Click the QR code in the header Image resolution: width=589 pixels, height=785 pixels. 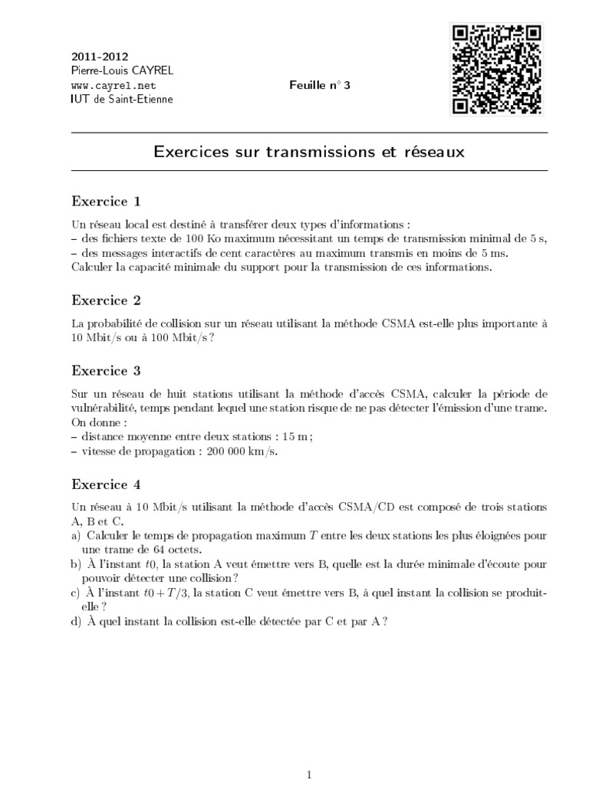click(496, 69)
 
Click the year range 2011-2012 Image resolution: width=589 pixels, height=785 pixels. click(100, 57)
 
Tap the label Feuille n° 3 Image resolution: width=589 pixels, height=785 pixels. click(319, 85)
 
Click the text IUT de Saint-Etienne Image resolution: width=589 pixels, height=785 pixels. click(122, 99)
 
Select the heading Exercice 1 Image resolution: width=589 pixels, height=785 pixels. click(106, 202)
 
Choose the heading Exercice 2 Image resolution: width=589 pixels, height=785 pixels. click(106, 300)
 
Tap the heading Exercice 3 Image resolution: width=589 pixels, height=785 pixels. click(106, 370)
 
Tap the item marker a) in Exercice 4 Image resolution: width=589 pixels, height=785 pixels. click(77, 534)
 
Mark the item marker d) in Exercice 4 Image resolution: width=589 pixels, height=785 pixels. click(77, 622)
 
